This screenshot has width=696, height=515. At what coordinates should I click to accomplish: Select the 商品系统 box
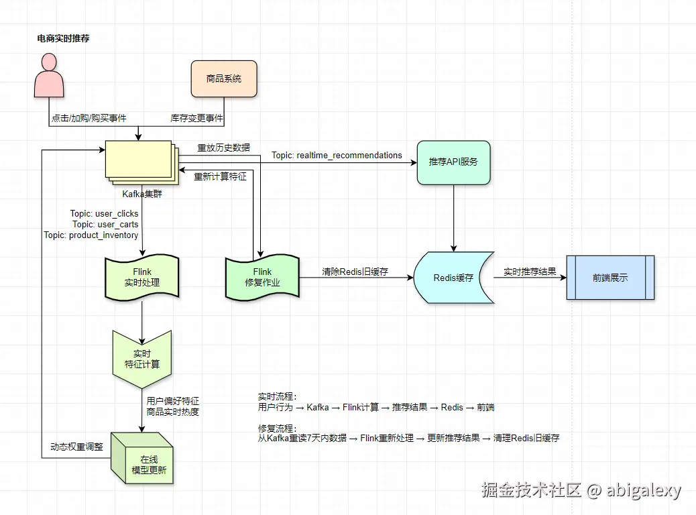tap(224, 79)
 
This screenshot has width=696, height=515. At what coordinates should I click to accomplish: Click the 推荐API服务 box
tap(453, 162)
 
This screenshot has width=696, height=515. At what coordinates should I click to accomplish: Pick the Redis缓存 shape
tap(453, 278)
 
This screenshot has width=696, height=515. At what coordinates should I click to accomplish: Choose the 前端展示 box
tap(610, 278)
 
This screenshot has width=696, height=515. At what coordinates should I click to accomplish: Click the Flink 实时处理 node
tap(141, 278)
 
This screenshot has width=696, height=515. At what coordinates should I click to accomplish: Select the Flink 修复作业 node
tap(262, 278)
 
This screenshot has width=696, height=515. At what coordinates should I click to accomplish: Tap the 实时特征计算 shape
tap(141, 359)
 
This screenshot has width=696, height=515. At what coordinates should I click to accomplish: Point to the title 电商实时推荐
tap(63, 39)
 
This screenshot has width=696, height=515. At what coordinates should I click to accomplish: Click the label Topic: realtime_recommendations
tap(337, 156)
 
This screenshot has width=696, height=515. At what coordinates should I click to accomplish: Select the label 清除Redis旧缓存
tap(355, 272)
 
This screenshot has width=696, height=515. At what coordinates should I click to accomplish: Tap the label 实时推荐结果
tap(530, 272)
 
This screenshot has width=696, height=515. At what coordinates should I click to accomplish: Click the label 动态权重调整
tap(76, 447)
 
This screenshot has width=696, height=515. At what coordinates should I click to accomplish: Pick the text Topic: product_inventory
tap(91, 235)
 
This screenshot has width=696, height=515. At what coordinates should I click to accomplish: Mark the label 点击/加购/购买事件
tap(89, 119)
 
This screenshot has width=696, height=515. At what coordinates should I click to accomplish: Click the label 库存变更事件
tap(196, 119)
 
